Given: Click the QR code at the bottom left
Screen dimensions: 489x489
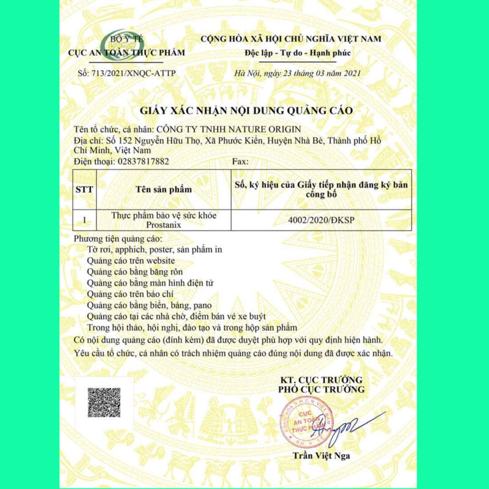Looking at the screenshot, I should (103, 402).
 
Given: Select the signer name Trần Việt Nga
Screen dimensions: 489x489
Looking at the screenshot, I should (321, 455).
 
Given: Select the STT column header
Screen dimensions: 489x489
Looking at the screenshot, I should (84, 189).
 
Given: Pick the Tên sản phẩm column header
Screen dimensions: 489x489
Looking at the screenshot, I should (163, 189).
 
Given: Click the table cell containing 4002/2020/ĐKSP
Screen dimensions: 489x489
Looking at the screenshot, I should (322, 219).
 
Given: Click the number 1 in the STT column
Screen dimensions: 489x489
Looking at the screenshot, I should (84, 219).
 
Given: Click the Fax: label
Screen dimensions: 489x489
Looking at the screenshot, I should (241, 161).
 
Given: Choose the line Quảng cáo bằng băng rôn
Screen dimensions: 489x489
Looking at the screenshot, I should (134, 271).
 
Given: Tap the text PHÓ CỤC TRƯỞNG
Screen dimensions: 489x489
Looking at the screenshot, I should (321, 389).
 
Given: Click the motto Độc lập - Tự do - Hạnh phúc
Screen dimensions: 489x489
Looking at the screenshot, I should (290, 52).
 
